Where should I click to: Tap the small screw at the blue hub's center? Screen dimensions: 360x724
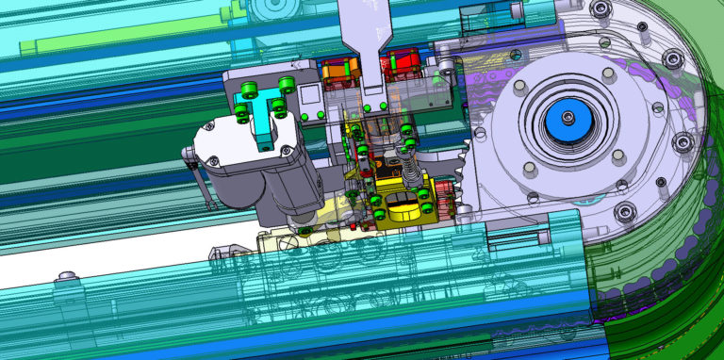[568, 117]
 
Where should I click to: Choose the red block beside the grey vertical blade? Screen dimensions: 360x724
[400, 67]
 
